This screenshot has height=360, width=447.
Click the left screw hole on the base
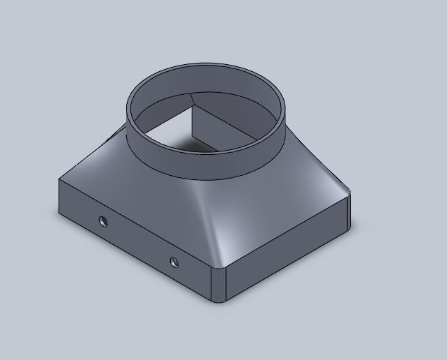tap(103, 222)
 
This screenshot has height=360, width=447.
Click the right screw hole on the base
tap(174, 262)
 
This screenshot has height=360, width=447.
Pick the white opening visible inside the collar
tap(164, 126)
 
